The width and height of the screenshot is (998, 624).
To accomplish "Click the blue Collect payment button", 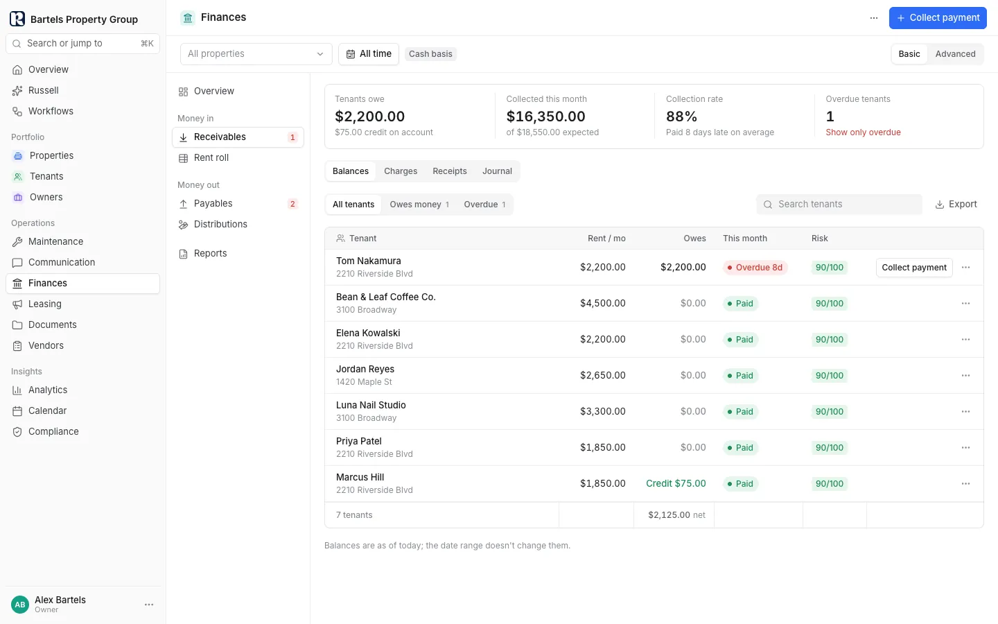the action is (x=938, y=18).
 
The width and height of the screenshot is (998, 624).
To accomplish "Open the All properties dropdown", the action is (x=256, y=54).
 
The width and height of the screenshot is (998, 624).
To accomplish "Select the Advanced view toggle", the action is (x=955, y=54).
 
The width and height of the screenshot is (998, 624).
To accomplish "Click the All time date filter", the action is (x=369, y=54).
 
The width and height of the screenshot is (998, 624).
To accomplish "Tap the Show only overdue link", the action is (x=863, y=132).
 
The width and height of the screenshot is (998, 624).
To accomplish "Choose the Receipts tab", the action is (x=450, y=171).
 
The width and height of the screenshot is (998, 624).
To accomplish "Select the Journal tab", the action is (x=497, y=171).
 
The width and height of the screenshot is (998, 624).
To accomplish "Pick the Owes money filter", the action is (x=419, y=204).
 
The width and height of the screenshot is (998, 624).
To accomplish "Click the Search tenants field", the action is (x=839, y=204).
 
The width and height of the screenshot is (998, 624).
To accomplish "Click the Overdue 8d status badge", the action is (x=755, y=268).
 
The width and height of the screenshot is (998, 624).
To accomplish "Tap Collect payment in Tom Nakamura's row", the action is (x=914, y=268).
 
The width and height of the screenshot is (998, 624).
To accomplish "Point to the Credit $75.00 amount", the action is (x=676, y=484).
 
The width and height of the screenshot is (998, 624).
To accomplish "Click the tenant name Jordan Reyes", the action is (x=365, y=369).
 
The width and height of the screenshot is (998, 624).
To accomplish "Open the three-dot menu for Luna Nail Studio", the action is (x=965, y=411).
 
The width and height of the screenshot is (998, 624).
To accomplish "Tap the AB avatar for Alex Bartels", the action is (x=20, y=605).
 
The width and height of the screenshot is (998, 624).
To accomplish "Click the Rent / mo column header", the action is (x=606, y=239).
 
